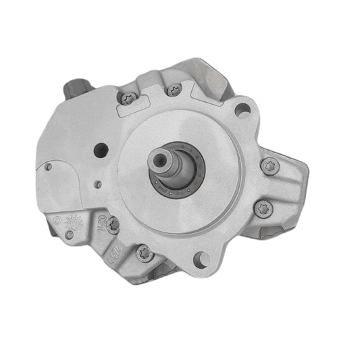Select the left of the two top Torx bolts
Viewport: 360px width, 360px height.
click(x=130, y=99)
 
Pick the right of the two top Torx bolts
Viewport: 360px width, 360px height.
click(x=174, y=88)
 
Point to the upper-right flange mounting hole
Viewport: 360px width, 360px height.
click(x=241, y=110)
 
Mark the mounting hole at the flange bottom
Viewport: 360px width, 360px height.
click(x=200, y=257)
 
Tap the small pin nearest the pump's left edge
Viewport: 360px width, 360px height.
click(x=48, y=167)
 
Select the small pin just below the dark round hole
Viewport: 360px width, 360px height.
click(x=98, y=184)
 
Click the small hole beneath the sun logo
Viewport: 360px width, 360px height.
click(x=70, y=234)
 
